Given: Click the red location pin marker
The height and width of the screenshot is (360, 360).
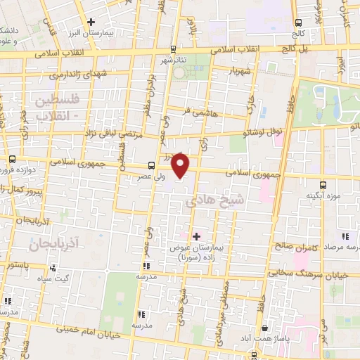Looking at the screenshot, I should [181, 166].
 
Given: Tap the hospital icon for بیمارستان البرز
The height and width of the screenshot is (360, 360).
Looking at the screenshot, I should [90, 22].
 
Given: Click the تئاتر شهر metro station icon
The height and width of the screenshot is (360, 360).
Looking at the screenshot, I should [173, 49].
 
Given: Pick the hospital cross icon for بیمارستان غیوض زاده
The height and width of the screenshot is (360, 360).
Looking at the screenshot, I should [195, 236].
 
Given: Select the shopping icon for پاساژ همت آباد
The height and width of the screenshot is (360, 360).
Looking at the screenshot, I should [264, 328].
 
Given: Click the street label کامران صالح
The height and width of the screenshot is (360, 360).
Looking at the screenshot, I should [295, 247].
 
